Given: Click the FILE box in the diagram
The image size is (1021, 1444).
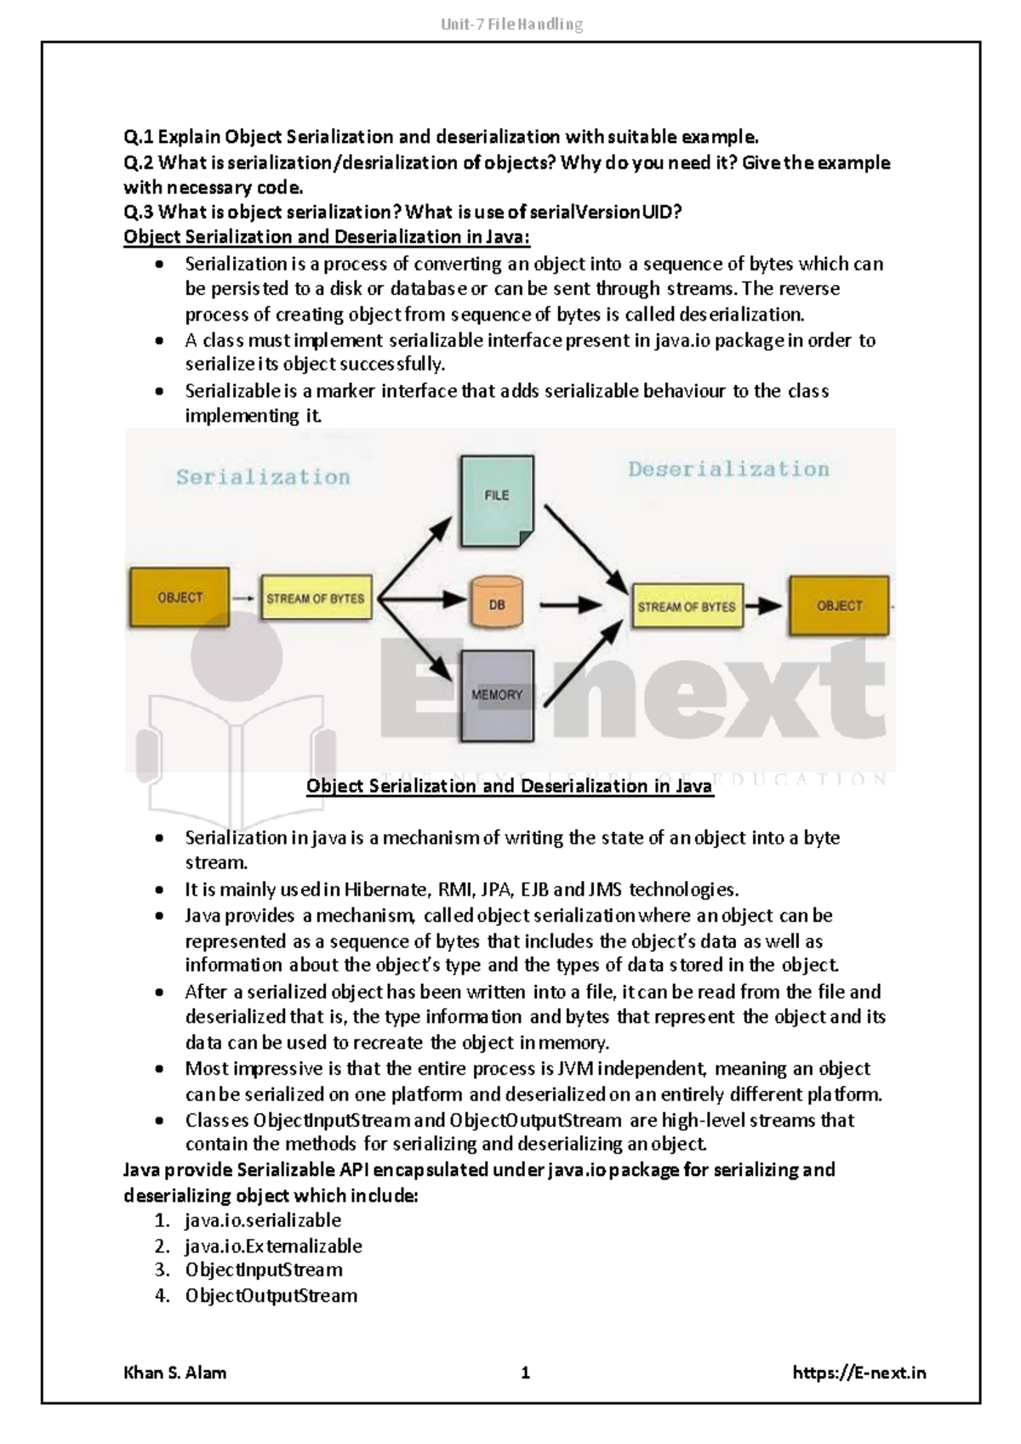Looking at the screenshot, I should tap(497, 502).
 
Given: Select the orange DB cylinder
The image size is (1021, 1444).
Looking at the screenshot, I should tap(496, 604).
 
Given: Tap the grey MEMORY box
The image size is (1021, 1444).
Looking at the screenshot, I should tap(497, 696).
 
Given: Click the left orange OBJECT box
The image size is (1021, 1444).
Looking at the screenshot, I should tap(180, 598).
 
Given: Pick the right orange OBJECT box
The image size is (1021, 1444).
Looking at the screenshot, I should tap(839, 605).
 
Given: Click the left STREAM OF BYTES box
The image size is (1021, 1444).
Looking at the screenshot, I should tap(316, 599).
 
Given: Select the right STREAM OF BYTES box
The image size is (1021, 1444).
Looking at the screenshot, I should tap(687, 606).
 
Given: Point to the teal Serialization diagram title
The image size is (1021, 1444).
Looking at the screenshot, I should tap(263, 477).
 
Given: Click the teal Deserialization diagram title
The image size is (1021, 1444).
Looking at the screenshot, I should tap(728, 469).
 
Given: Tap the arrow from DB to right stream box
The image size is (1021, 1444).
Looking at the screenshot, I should tap(571, 605).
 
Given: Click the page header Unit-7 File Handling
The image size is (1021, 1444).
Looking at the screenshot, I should tap(511, 25).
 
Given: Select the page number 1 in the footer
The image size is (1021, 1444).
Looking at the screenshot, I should tap(526, 1373).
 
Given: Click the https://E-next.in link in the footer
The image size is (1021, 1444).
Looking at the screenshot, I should tap(858, 1373).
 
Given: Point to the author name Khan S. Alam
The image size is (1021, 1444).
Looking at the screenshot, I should tap(175, 1373).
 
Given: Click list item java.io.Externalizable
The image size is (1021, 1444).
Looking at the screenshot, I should tap(273, 1246).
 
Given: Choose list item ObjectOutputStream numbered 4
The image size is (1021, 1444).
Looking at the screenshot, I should tap(271, 1296).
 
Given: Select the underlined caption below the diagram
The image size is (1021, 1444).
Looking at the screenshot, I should tap(509, 787).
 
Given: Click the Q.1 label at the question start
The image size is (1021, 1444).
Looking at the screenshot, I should tap(139, 137).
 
